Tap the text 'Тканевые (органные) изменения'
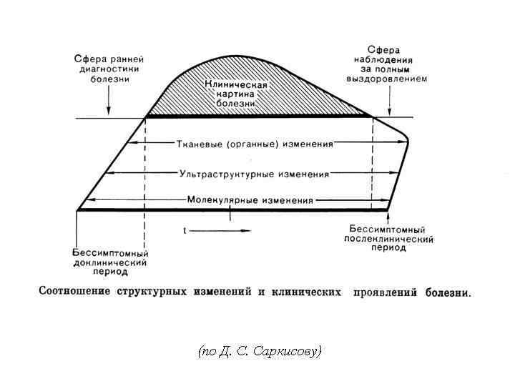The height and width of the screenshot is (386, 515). (x=255, y=144)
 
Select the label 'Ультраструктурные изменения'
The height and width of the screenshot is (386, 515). (x=255, y=174)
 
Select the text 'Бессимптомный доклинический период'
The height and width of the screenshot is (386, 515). (x=110, y=262)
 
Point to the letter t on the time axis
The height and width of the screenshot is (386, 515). (x=185, y=230)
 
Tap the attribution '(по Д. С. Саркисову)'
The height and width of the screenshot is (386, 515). (x=260, y=351)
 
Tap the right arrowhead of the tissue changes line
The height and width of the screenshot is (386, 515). (x=402, y=143)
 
